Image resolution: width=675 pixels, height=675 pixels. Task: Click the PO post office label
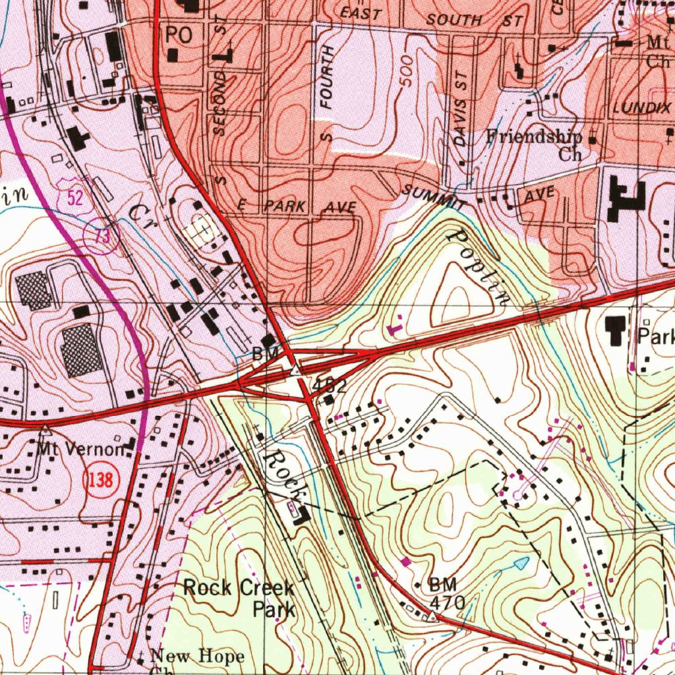tap(179, 35)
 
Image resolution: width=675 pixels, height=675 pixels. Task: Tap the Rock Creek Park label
tap(239, 597)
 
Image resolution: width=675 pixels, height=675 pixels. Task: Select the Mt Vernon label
tap(80, 450)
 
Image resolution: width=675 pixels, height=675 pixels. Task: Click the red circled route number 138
tap(100, 480)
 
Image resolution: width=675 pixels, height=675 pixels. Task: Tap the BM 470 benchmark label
tap(447, 593)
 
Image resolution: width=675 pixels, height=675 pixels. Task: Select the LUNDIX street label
tap(641, 107)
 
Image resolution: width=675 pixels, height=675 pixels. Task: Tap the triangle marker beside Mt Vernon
tap(46, 429)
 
